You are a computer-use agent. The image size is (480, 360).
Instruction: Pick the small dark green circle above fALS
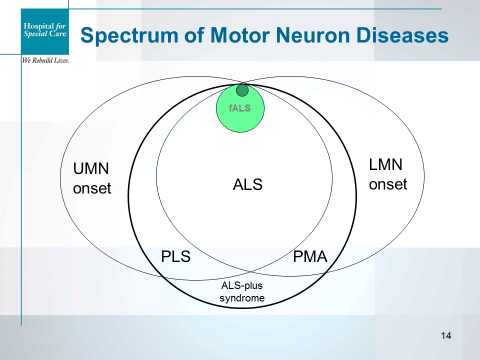coord(242,91)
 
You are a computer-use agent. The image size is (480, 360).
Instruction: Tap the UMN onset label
coord(93,179)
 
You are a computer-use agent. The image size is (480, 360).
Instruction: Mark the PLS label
coord(176,257)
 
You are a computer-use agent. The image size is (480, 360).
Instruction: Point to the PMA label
coord(311,257)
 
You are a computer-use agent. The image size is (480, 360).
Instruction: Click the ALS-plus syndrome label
coord(242,291)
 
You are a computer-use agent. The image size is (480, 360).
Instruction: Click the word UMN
coord(93,170)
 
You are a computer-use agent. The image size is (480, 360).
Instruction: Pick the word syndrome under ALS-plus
coord(242,297)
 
